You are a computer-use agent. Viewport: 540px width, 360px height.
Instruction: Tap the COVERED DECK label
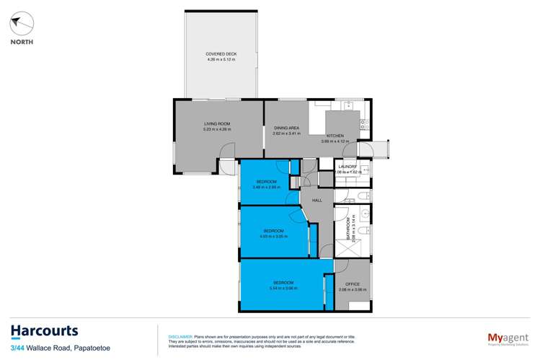[221, 55]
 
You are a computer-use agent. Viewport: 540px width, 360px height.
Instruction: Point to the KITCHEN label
[335, 136]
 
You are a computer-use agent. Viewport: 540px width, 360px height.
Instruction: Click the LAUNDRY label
[348, 167]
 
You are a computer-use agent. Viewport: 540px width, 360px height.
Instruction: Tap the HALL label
[317, 200]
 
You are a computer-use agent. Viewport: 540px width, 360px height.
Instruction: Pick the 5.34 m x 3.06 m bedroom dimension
[282, 287]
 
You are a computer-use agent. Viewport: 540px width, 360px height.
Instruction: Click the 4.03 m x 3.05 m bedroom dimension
[273, 236]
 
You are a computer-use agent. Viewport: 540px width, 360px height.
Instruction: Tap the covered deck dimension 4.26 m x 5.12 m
[221, 60]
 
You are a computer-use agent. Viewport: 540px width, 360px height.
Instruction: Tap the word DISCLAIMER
[180, 336]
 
